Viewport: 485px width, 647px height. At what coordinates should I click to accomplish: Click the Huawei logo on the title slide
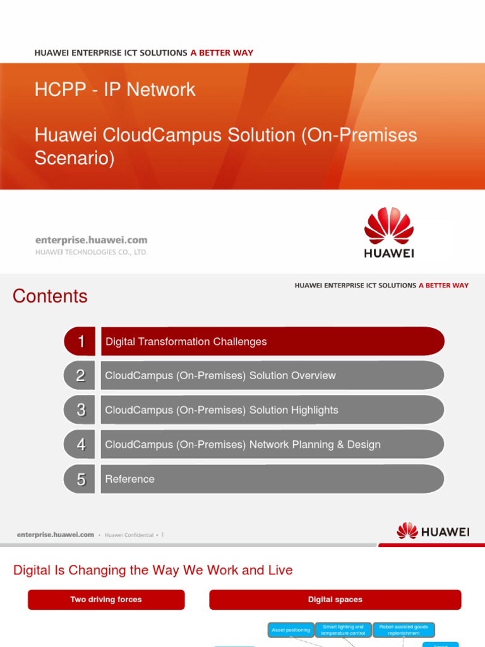pyautogui.click(x=389, y=233)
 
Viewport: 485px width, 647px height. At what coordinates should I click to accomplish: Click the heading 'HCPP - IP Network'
pyautogui.click(x=115, y=90)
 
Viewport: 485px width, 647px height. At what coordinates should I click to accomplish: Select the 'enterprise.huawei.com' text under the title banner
pyautogui.click(x=92, y=240)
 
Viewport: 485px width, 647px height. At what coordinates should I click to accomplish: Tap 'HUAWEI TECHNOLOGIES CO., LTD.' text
pyautogui.click(x=92, y=252)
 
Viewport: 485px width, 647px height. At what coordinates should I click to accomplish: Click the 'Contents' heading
pyautogui.click(x=50, y=296)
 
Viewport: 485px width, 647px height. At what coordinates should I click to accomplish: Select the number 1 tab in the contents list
pyautogui.click(x=80, y=342)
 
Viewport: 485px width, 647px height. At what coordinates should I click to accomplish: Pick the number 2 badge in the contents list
pyautogui.click(x=80, y=376)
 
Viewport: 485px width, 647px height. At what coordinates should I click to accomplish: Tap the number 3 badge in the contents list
pyautogui.click(x=80, y=410)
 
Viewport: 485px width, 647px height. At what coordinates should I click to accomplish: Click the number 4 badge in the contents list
pyautogui.click(x=80, y=445)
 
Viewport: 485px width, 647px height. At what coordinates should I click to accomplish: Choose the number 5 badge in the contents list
pyautogui.click(x=80, y=480)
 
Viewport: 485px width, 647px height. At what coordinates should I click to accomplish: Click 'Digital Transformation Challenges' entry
pyautogui.click(x=186, y=342)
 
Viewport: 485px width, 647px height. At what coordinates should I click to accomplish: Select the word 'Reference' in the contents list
pyautogui.click(x=130, y=480)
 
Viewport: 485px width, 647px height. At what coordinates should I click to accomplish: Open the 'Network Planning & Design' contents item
pyautogui.click(x=243, y=445)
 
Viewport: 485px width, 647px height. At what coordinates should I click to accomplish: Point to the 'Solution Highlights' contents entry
pyautogui.click(x=222, y=410)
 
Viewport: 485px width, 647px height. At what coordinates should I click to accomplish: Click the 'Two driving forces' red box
pyautogui.click(x=106, y=600)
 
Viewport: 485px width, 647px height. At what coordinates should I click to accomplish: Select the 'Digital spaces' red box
pyautogui.click(x=335, y=600)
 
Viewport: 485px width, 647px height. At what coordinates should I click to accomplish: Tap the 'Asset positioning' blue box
pyautogui.click(x=290, y=630)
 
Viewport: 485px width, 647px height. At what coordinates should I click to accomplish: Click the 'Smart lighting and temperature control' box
pyautogui.click(x=343, y=630)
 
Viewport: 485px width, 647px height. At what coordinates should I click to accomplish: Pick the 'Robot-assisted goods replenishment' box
pyautogui.click(x=404, y=630)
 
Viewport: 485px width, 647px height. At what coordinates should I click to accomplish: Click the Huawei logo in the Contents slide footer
pyautogui.click(x=433, y=531)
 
